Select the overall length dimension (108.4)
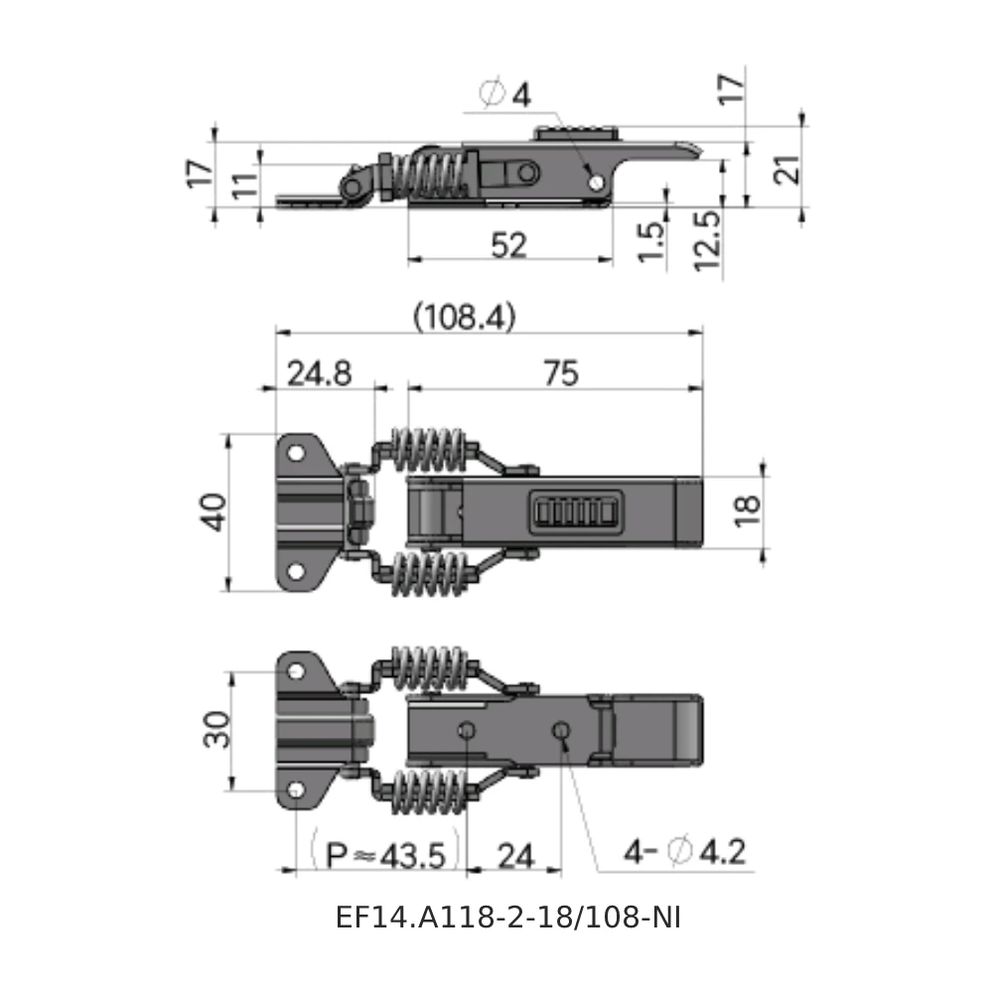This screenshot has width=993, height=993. click(464, 318)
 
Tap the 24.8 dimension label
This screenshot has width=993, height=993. click(320, 373)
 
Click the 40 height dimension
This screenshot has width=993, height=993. click(214, 512)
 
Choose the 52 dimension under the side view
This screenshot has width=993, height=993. click(508, 244)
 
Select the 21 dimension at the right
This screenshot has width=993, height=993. click(784, 169)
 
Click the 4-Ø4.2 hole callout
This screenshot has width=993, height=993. click(685, 852)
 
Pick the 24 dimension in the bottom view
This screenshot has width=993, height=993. click(514, 855)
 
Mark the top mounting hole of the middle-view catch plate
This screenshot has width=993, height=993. click(296, 452)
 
